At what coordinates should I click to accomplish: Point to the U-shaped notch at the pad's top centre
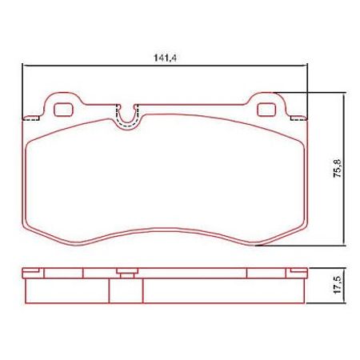[x=126, y=116]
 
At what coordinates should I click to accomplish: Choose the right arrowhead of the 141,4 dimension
[x=305, y=66]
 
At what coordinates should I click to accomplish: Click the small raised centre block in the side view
[x=126, y=273]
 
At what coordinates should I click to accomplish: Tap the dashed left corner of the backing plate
[x=33, y=117]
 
